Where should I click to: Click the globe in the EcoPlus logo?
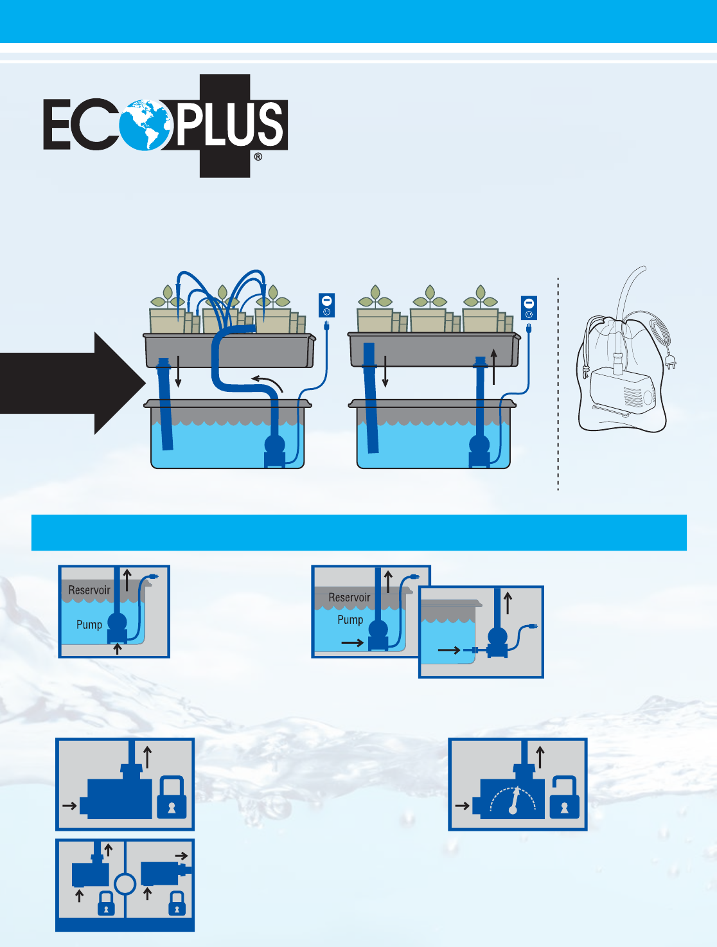pos(146,125)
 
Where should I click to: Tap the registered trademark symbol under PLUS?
pos(258,156)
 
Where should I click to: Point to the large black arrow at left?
pos(71,384)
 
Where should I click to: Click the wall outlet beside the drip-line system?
pos(326,305)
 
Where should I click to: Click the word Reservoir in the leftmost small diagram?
pos(89,590)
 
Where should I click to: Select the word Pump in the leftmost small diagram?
pos(89,624)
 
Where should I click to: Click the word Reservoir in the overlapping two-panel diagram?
pos(350,597)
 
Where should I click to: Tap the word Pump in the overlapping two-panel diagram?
pos(350,620)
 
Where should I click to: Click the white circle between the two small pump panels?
pos(125,884)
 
